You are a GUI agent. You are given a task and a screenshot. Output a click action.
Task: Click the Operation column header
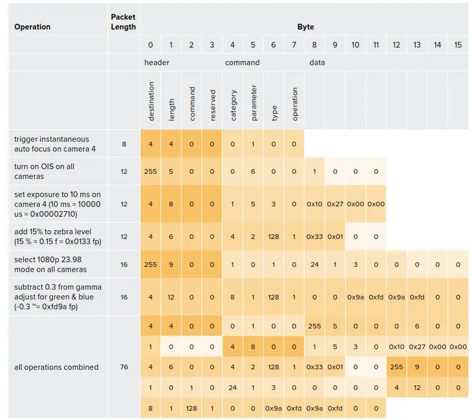pyautogui.click(x=33, y=27)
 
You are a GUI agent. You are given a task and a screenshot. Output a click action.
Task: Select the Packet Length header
pyautogui.click(x=124, y=22)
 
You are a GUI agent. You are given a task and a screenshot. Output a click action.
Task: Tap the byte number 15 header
pyautogui.click(x=458, y=45)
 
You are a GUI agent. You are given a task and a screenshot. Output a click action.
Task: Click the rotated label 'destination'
pyautogui.click(x=151, y=101)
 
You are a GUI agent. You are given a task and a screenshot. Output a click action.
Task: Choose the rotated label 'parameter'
pyautogui.click(x=253, y=103)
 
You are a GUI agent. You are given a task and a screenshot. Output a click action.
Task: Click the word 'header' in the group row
pyautogui.click(x=157, y=63)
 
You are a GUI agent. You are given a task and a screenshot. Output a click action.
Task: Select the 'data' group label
pyautogui.click(x=317, y=63)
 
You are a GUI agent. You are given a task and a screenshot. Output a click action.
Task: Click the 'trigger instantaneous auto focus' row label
pyautogui.click(x=52, y=144)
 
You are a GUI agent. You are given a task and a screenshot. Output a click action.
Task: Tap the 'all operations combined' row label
pyautogui.click(x=56, y=367)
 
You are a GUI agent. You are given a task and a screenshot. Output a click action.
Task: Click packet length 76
pyautogui.click(x=124, y=367)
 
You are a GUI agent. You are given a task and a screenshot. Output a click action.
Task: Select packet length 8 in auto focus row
pyautogui.click(x=124, y=144)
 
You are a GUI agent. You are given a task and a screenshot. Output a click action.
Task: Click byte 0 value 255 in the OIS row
pyautogui.click(x=150, y=171)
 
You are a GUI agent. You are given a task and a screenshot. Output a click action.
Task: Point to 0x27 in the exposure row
pyautogui.click(x=335, y=204)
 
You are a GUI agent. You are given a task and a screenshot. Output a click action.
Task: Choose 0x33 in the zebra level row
pyautogui.click(x=314, y=236)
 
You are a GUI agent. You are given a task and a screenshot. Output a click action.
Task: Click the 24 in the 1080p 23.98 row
pyautogui.click(x=314, y=264)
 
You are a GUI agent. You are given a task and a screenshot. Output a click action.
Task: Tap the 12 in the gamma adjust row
pyautogui.click(x=171, y=297)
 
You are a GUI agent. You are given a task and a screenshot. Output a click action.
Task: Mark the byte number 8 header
pyautogui.click(x=314, y=45)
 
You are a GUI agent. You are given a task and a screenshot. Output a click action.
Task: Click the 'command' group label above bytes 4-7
pyautogui.click(x=242, y=63)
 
